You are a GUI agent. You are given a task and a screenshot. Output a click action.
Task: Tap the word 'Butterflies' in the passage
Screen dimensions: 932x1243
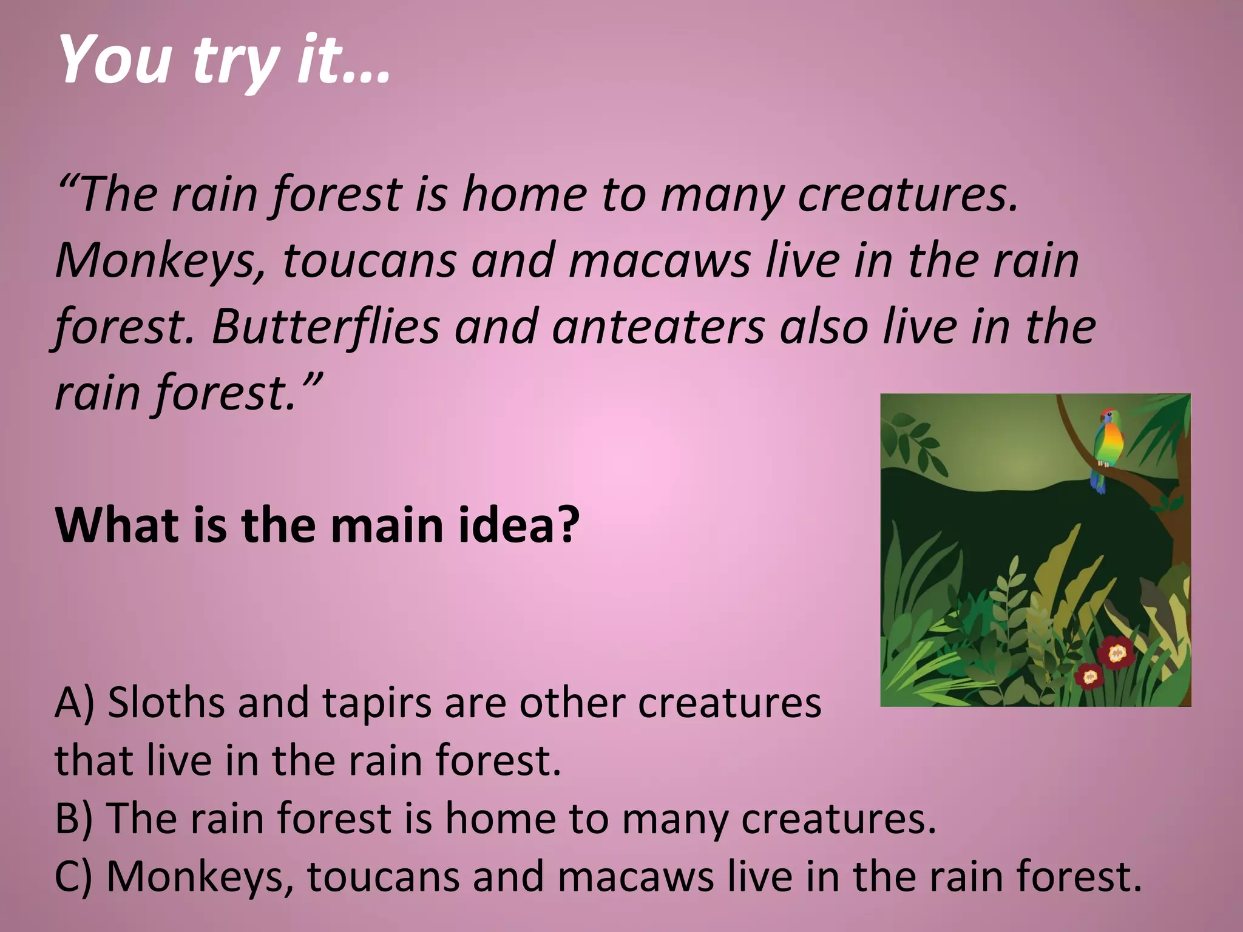tap(325, 327)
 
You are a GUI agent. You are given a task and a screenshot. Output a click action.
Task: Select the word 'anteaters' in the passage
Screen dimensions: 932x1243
tap(658, 327)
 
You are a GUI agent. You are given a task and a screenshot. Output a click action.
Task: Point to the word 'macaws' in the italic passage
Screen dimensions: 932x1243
tap(659, 262)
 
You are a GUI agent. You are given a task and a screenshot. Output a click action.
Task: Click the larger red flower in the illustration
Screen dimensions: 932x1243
tap(1117, 653)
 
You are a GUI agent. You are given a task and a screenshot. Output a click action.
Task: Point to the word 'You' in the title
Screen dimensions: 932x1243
tap(115, 61)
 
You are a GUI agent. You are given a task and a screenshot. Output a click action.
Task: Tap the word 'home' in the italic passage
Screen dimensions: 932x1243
tap(524, 195)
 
